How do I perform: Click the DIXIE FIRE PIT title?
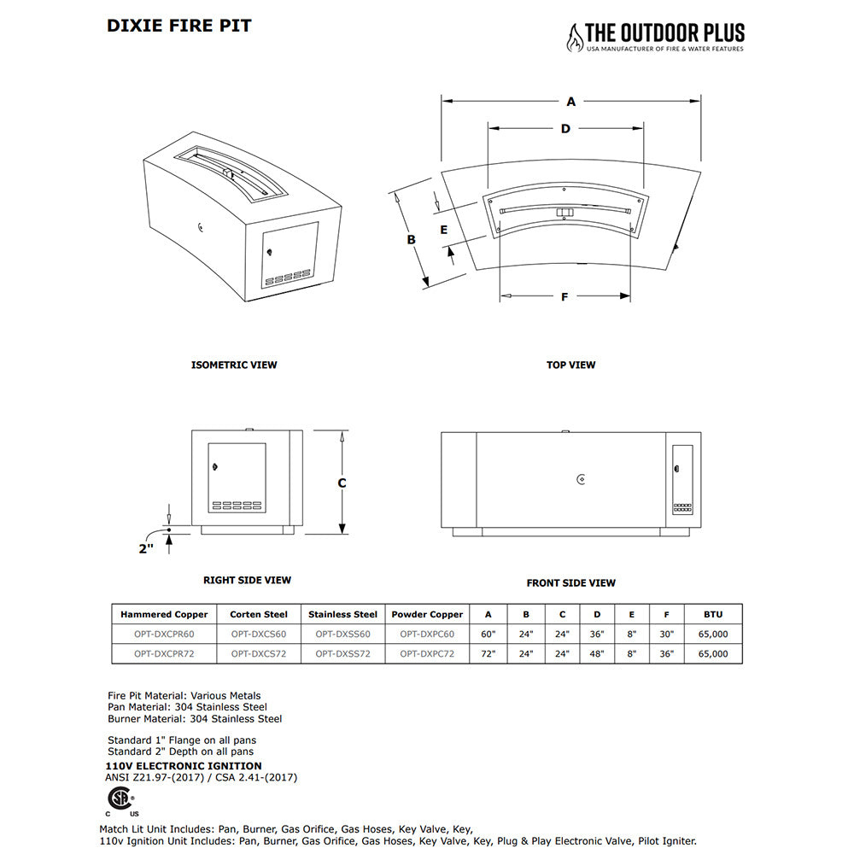pos(178,26)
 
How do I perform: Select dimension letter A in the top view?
pos(571,102)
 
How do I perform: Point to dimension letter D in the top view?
pos(565,129)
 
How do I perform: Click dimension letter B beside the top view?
pos(411,240)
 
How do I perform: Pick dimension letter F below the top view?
pos(564,297)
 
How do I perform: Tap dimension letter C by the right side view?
pos(342,483)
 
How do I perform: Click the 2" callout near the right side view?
pos(146,548)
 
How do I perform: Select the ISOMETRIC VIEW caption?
pos(234,365)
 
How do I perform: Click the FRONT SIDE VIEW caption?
pos(570,583)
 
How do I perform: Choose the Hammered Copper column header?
pos(164,614)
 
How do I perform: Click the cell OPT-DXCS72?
pos(259,654)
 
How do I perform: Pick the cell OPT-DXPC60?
pos(427,635)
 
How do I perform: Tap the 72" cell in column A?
pos(488,654)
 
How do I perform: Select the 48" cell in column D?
pos(596,654)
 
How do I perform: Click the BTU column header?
pos(713,614)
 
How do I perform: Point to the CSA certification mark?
pos(119,799)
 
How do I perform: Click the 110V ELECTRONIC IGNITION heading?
pos(184,766)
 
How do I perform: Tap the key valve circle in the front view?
pos(581,479)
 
